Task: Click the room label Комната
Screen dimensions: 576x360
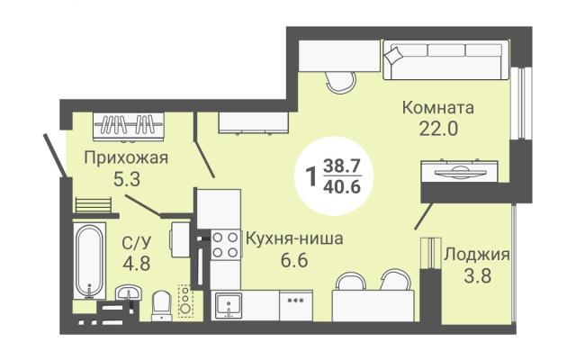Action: (x=438, y=108)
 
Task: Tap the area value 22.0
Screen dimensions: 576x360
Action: (x=438, y=129)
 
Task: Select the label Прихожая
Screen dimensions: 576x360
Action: (x=126, y=158)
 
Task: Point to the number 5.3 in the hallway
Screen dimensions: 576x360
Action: (x=127, y=180)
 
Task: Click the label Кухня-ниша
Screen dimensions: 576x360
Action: (x=294, y=238)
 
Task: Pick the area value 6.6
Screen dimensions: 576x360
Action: (x=294, y=260)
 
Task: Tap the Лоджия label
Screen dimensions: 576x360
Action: (x=477, y=255)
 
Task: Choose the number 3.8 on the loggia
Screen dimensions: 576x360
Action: (x=478, y=276)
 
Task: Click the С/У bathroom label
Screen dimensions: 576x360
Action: (x=136, y=243)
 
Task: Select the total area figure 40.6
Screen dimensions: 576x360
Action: (x=342, y=187)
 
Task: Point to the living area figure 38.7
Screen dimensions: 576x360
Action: (x=342, y=166)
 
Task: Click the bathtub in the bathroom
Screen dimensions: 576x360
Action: (x=89, y=260)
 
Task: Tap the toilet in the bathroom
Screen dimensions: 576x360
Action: (x=162, y=305)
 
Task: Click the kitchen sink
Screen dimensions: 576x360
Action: (x=229, y=305)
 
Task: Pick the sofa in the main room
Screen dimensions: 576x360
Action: (x=446, y=60)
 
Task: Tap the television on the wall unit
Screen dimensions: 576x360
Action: (x=459, y=171)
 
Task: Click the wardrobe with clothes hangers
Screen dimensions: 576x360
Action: (x=128, y=126)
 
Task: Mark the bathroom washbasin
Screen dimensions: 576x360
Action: (x=129, y=293)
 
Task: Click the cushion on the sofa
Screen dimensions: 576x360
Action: (x=393, y=55)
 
